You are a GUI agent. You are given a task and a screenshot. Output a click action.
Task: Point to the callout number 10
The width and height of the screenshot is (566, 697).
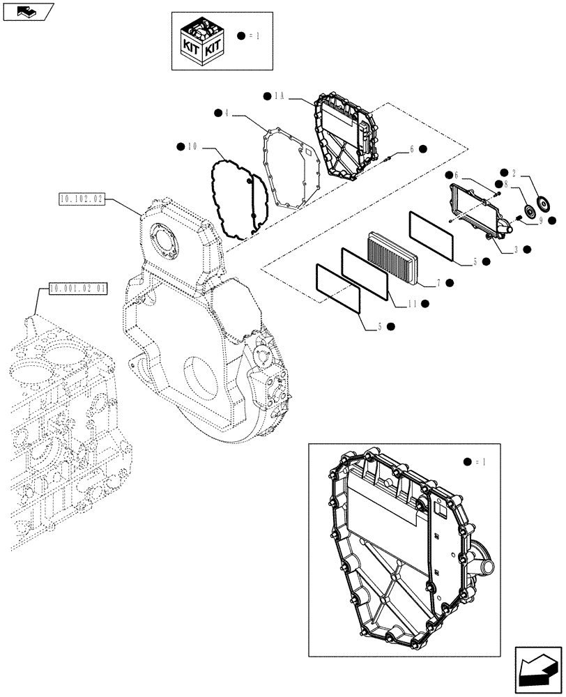point(193,146)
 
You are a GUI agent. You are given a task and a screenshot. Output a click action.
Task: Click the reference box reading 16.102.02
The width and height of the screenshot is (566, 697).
point(81,199)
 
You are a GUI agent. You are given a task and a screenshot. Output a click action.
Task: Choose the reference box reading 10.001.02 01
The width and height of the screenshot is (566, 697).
point(77,287)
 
